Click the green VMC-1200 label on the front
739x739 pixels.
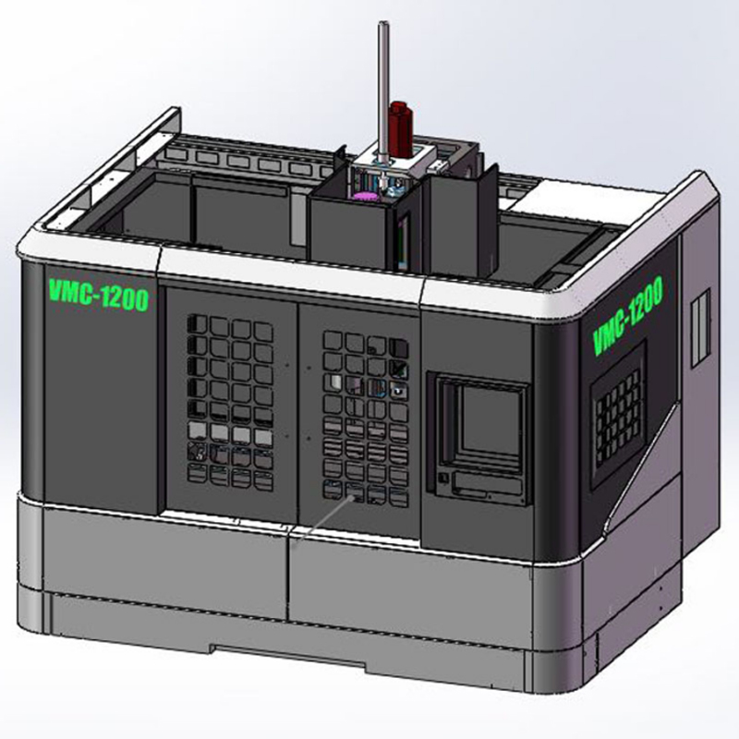99,295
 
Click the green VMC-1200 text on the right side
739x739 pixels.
627,315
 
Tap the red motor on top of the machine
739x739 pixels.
401,129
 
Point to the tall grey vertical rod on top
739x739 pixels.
383,94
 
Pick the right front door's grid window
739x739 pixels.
365,418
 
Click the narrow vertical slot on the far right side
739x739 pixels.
700,328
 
